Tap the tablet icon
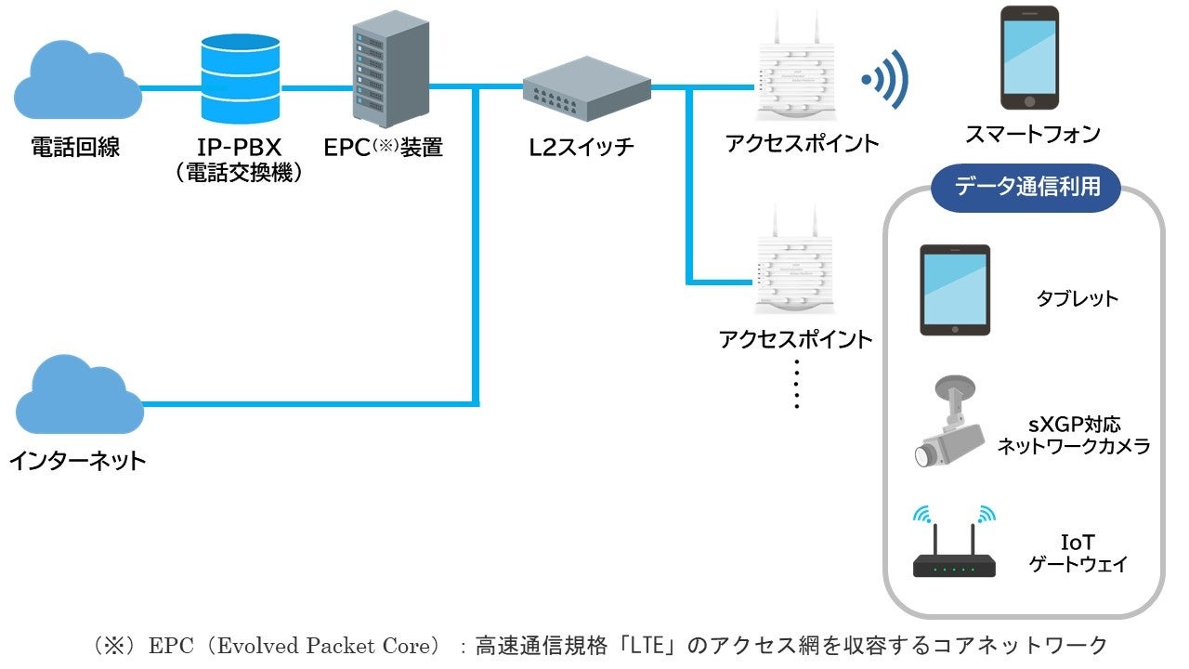(x=955, y=290)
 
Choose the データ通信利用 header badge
(x=1026, y=187)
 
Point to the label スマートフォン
(x=1032, y=135)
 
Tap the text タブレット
(x=1077, y=299)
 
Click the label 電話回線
(x=75, y=147)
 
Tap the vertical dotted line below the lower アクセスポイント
(x=797, y=383)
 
